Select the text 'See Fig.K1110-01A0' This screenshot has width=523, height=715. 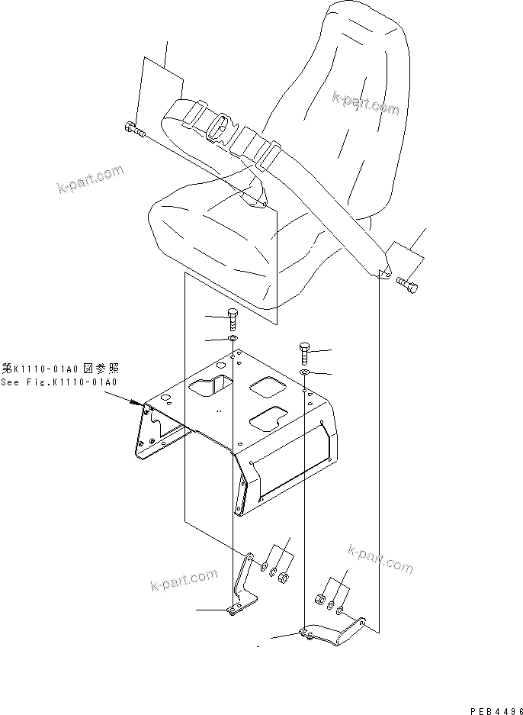tap(61, 382)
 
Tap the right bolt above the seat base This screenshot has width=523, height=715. tap(303, 353)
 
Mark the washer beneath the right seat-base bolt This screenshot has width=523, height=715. tap(303, 372)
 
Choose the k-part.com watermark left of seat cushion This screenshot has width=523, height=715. tap(89, 181)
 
